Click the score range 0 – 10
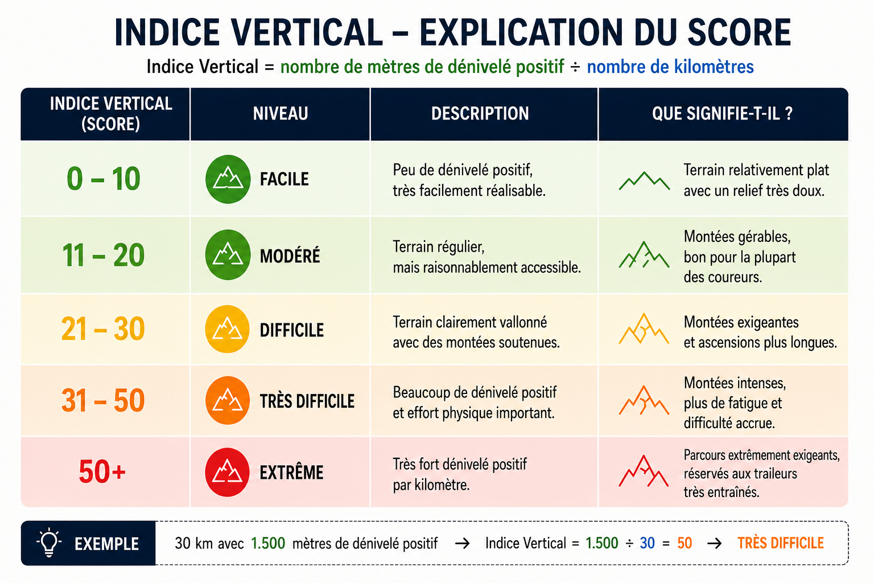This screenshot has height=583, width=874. click(104, 179)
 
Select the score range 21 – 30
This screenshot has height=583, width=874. click(103, 329)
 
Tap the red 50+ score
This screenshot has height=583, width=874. click(102, 471)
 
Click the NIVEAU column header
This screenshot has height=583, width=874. click(281, 114)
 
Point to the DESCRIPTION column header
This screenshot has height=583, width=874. click(480, 114)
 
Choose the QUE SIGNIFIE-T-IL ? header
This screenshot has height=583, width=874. click(722, 114)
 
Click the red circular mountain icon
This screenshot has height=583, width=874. click(228, 472)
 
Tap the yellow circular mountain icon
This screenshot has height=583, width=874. click(228, 329)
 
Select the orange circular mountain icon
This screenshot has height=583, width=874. click(228, 400)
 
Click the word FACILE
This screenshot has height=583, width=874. click(285, 179)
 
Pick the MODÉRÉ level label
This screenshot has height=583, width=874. click(290, 256)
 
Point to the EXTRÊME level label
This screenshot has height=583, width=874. click(292, 472)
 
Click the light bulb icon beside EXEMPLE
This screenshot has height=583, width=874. click(49, 543)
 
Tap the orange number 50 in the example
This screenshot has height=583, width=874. click(685, 543)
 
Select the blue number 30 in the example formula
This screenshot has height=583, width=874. click(648, 543)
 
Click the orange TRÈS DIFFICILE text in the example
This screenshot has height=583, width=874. click(780, 543)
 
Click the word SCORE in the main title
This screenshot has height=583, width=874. click(739, 32)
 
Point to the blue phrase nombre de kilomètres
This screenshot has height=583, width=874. click(670, 67)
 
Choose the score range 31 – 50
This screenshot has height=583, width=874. click(103, 401)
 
